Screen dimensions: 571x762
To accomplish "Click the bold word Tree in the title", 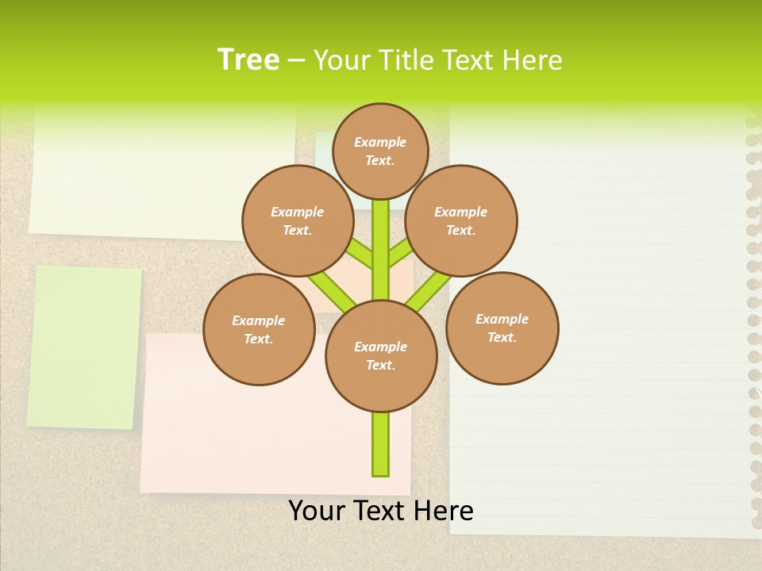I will click(248, 60).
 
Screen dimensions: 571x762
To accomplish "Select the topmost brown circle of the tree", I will click(380, 151).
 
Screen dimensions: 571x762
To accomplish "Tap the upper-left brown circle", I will click(297, 221).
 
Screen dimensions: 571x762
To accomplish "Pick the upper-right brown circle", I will click(461, 221).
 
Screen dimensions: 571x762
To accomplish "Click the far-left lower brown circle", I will click(259, 330).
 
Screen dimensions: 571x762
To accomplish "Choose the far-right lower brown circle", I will click(502, 328).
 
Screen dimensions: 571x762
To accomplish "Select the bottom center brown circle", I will click(381, 356).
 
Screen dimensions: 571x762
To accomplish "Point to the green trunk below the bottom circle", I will click(381, 444).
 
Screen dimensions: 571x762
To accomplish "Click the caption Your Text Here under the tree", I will click(381, 511).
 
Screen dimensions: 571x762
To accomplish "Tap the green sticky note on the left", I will click(84, 347).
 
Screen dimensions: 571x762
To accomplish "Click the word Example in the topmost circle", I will click(380, 142).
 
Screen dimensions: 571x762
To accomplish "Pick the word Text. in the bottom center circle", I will click(381, 366).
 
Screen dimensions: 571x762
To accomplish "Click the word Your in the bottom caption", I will click(317, 511).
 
